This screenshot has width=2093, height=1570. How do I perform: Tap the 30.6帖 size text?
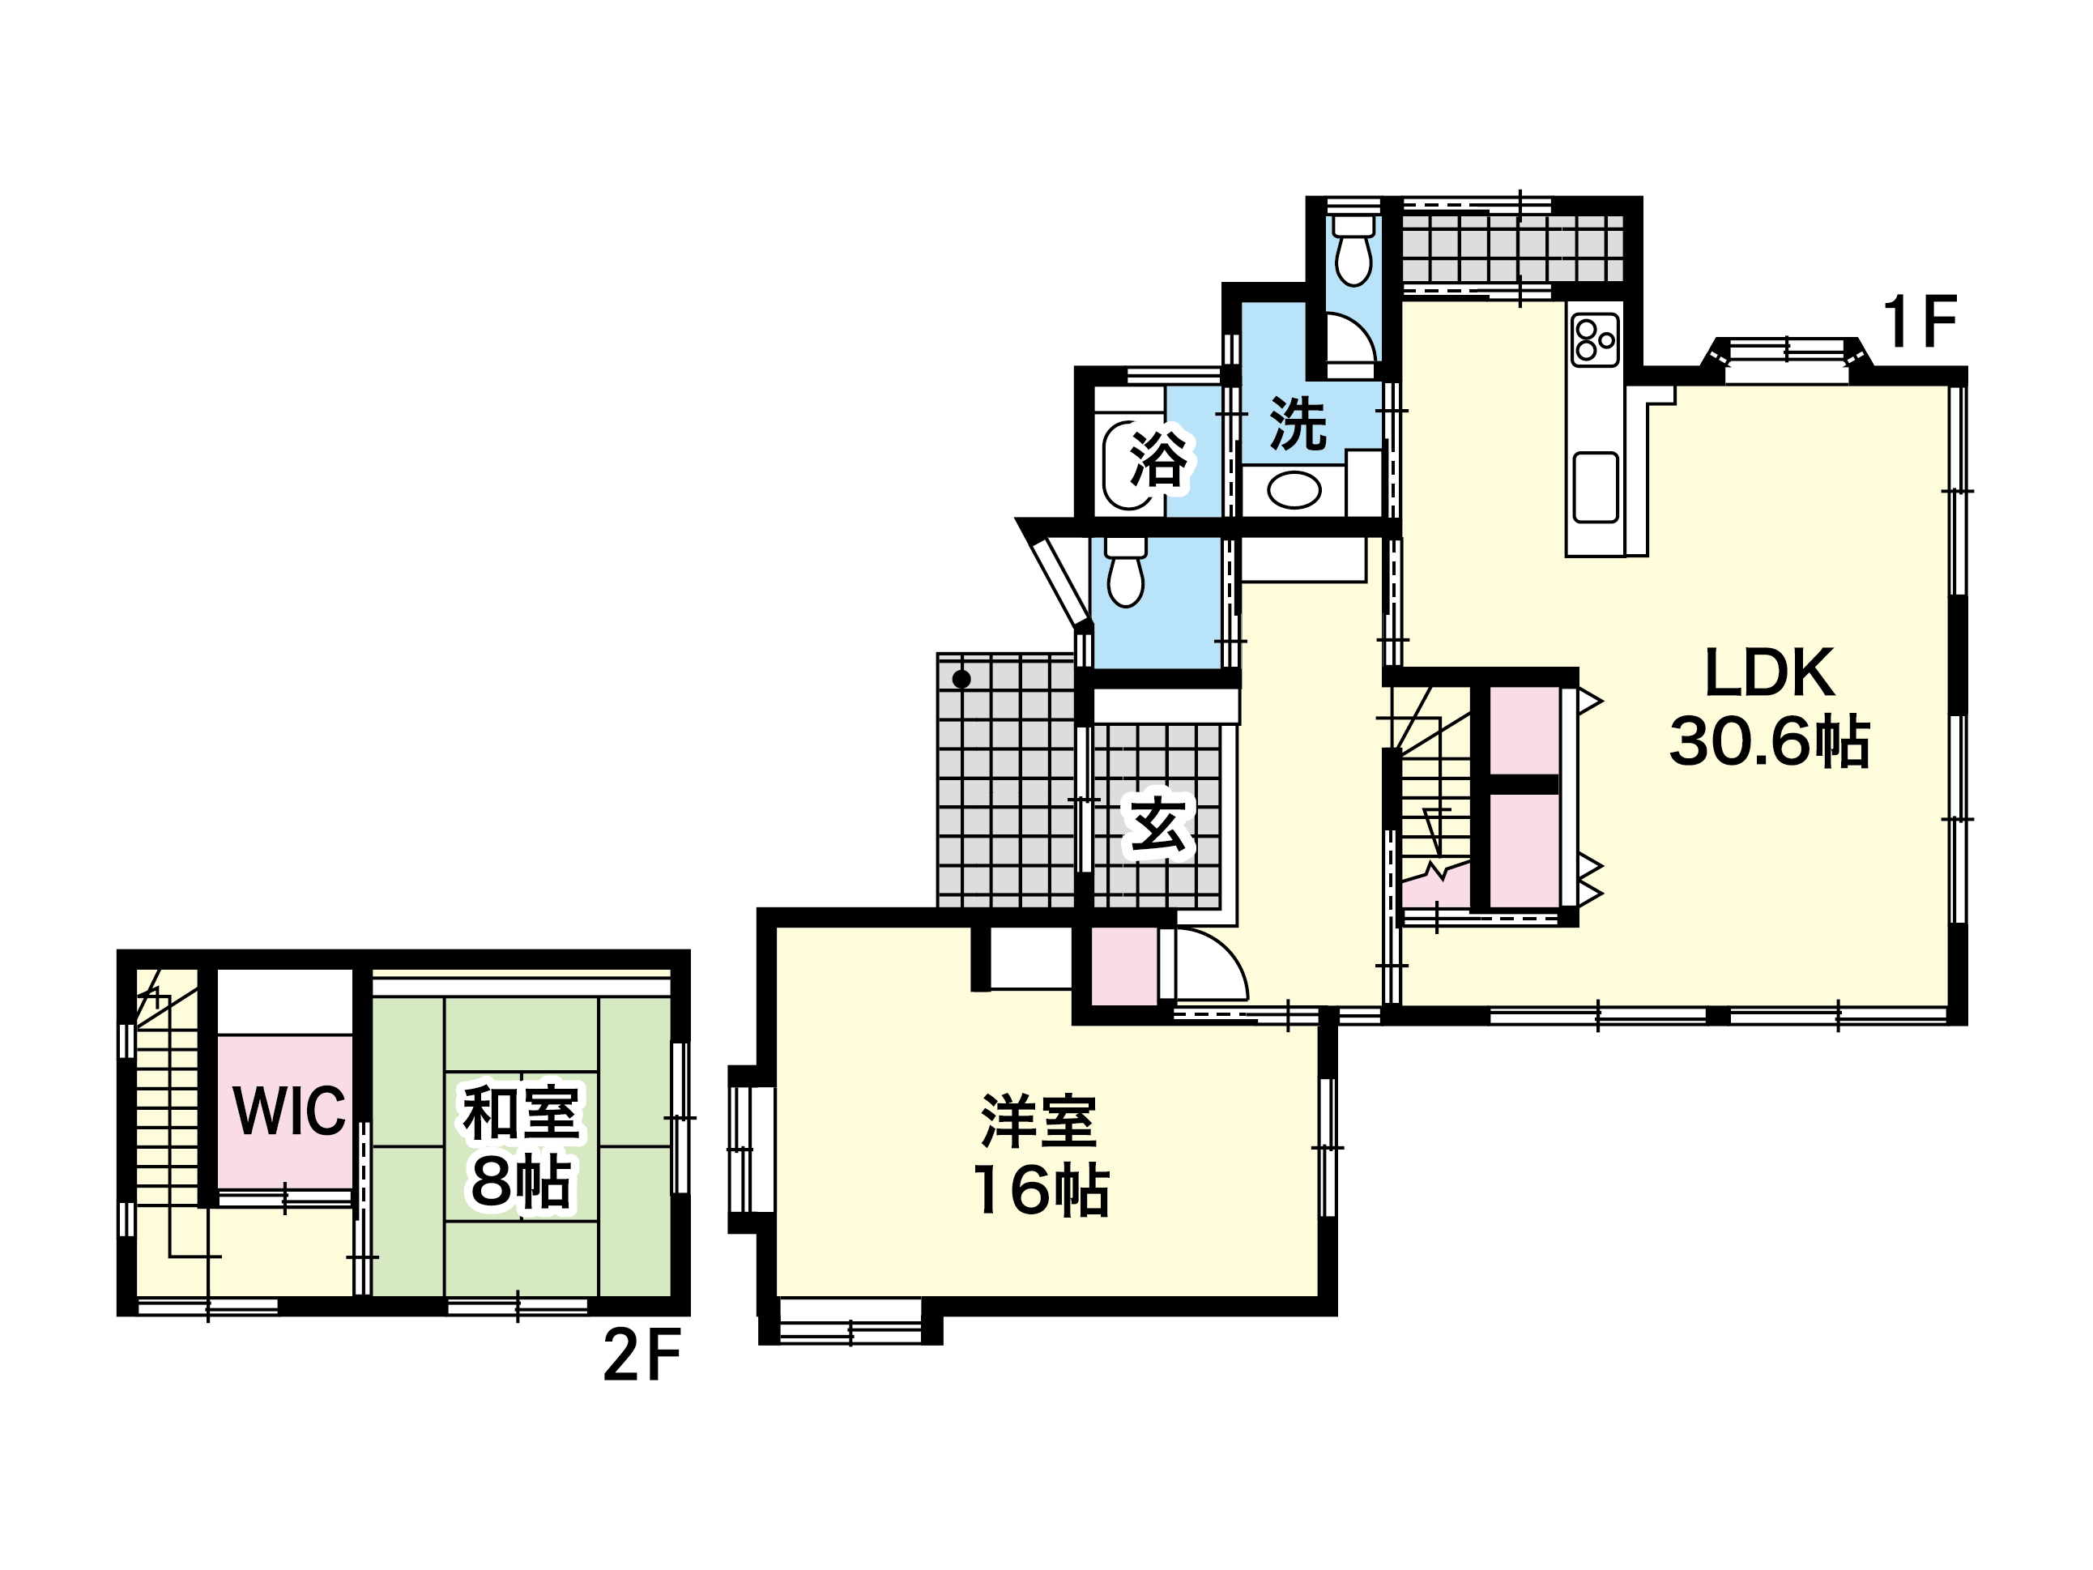coord(1769,741)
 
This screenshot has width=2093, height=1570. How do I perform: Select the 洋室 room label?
coord(1039,1121)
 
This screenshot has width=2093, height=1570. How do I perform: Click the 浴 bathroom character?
coord(1159,459)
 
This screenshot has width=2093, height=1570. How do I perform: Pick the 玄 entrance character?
coord(1158,823)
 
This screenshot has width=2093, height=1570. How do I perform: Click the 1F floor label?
coord(1919,322)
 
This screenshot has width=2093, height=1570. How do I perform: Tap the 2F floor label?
coord(642,1355)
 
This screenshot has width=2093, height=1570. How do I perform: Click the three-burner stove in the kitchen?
coord(1596,339)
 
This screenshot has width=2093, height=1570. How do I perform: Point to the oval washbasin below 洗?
coord(1294,490)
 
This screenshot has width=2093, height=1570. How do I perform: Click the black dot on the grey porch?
coord(961,679)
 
